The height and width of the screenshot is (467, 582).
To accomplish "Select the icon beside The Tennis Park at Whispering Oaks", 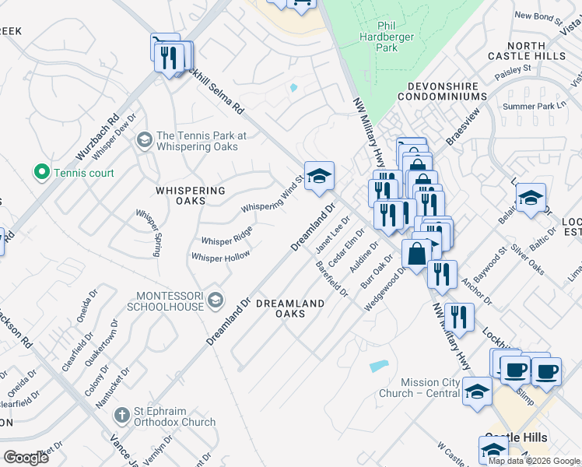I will [x=144, y=140].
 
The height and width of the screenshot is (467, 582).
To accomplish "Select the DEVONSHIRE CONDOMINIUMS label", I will [x=442, y=90].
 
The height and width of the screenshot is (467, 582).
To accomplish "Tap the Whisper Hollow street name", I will [x=221, y=257].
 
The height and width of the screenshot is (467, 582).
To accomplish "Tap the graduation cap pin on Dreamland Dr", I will [x=319, y=177].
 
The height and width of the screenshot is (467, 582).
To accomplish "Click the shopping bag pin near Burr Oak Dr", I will [x=416, y=254].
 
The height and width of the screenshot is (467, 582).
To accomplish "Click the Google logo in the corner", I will [x=26, y=458].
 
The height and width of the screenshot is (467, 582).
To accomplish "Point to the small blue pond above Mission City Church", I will [x=378, y=366].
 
